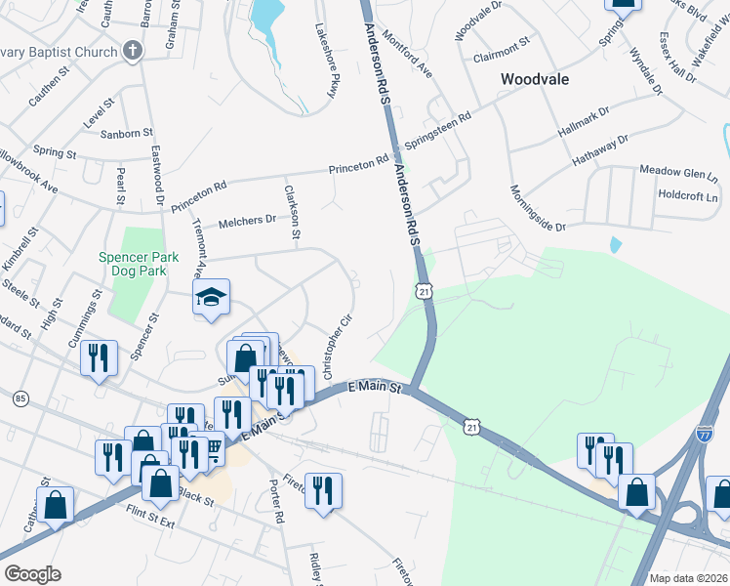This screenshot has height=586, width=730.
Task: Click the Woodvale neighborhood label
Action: [x=534, y=78]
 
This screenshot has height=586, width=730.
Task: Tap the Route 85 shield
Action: [x=20, y=398]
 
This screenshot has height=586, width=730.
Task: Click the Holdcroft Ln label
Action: [x=687, y=193]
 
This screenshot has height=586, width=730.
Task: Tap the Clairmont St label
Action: [x=501, y=43]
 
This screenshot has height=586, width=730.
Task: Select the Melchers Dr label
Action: [x=248, y=220]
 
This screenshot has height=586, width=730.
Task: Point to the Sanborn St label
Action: [x=127, y=132]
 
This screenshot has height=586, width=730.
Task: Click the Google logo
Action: [x=32, y=574]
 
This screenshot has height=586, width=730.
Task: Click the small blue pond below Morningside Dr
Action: [x=614, y=243]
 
